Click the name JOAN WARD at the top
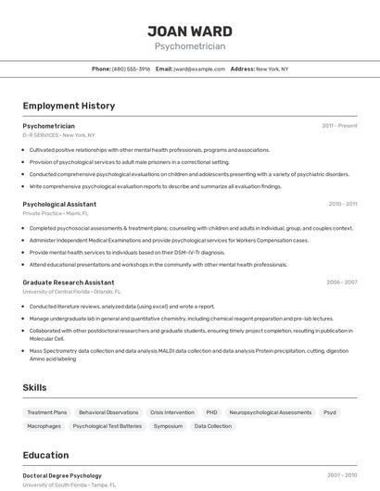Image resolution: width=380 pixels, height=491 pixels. tap(189, 31)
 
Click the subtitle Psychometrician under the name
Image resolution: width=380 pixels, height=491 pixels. tap(189, 45)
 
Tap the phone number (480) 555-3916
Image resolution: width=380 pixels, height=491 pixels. tap(131, 69)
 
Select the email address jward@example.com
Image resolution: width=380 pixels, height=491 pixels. tap(199, 69)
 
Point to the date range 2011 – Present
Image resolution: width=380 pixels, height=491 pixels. tap(339, 125)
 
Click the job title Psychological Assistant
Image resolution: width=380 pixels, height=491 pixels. tap(59, 204)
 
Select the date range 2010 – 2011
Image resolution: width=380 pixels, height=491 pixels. tap(342, 204)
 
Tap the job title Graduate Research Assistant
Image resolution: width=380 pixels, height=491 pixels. tap(69, 283)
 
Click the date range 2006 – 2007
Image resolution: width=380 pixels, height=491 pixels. tap(341, 283)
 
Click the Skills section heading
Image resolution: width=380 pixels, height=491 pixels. tap(34, 387)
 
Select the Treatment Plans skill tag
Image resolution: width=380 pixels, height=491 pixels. tap(47, 412)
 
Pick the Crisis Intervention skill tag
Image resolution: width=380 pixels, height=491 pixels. tap(171, 412)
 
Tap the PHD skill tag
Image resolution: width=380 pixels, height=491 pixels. tap(211, 412)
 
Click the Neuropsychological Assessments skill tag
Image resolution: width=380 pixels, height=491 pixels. tap(271, 412)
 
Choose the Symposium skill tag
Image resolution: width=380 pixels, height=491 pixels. tap(168, 426)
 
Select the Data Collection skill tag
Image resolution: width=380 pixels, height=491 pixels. tap(212, 426)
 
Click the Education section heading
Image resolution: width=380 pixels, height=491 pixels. tap(45, 455)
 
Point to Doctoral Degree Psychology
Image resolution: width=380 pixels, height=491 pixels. tap(62, 475)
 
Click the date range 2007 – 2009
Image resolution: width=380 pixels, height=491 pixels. tap(341, 475)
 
